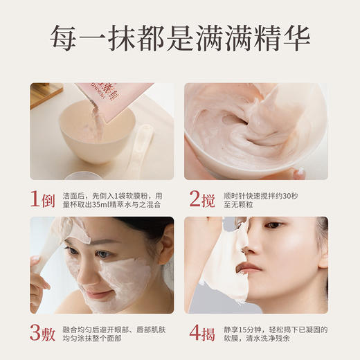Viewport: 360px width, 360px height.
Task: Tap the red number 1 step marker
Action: (36, 200)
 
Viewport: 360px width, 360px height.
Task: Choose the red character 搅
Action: (208, 200)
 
